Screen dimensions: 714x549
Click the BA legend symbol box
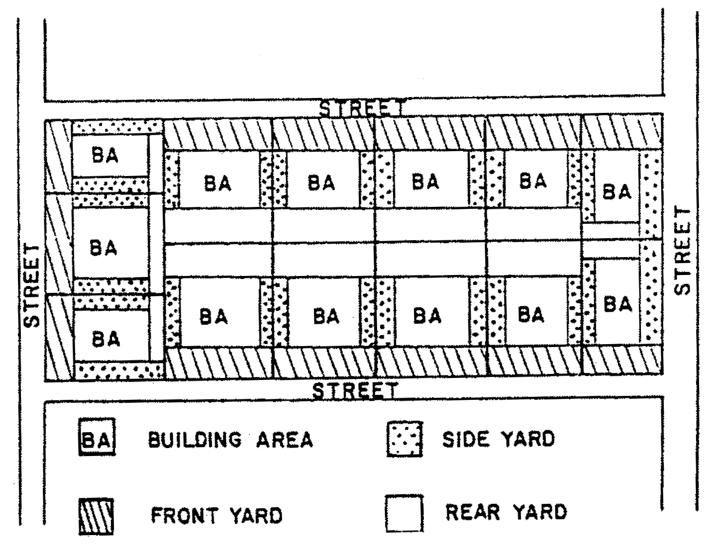tap(97, 438)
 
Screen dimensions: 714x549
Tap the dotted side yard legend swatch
tap(405, 439)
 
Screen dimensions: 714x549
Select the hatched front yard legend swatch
tap(96, 516)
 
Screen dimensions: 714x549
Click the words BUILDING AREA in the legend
tap(230, 440)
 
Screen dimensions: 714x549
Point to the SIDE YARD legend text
tap(498, 439)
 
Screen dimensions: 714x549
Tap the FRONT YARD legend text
tap(216, 515)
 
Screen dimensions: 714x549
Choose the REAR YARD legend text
tap(506, 512)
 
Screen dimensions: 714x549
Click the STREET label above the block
tap(361, 108)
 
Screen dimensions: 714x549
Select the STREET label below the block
tap(355, 390)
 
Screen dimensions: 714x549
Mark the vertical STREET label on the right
tap(683, 251)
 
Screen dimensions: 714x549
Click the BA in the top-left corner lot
tap(105, 156)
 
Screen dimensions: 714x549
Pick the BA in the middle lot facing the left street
tap(103, 247)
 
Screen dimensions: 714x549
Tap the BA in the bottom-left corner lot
tap(106, 339)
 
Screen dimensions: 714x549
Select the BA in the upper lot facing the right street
tap(616, 191)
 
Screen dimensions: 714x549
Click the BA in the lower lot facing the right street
tap(617, 304)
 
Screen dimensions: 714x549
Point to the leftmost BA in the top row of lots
tap(218, 183)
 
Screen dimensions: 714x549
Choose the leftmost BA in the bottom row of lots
tap(213, 316)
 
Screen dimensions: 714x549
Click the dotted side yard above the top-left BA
tap(117, 127)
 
